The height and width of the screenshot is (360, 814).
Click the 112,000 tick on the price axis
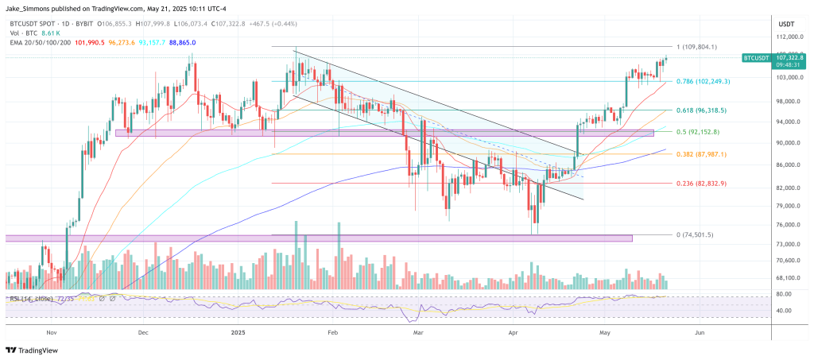(786, 37)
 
